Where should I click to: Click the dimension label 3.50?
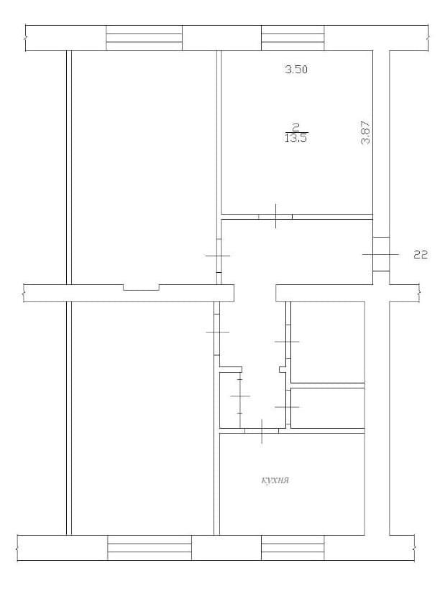click(296, 70)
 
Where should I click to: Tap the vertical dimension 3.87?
click(366, 133)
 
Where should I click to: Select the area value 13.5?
click(295, 139)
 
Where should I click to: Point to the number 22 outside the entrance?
click(421, 255)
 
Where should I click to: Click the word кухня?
click(275, 480)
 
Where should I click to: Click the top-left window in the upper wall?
click(144, 38)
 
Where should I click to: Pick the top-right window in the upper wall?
click(293, 38)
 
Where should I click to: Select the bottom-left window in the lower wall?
click(150, 548)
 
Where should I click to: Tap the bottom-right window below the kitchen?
click(293, 548)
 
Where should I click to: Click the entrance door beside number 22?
click(381, 254)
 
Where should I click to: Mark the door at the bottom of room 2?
click(275, 216)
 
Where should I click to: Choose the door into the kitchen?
click(262, 431)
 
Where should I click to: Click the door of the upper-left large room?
click(219, 256)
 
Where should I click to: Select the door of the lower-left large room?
click(217, 332)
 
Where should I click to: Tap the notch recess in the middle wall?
click(141, 288)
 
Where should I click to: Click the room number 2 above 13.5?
click(296, 127)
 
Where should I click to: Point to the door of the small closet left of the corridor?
click(240, 396)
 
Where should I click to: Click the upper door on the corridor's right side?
click(288, 342)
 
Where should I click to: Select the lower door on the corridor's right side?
click(288, 407)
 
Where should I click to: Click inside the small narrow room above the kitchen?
click(327, 408)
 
